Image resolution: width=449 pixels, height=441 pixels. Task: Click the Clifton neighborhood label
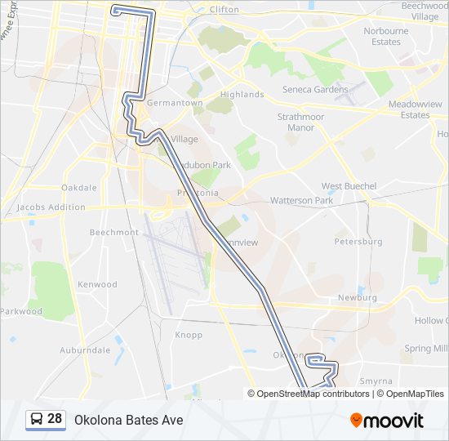coord(224,10)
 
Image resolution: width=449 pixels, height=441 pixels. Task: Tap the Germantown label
coord(175,103)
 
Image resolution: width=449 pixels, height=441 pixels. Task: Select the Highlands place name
coord(242,95)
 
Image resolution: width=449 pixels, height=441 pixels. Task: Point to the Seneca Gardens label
coord(314,90)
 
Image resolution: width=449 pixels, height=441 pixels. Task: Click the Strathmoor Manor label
coord(300,122)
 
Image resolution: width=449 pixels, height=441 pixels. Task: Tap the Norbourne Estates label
coord(386,36)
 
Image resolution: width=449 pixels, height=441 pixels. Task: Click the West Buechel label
coord(349,186)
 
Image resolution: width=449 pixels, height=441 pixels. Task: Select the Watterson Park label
coord(301,200)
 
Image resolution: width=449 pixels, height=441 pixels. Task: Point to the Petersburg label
coord(358,242)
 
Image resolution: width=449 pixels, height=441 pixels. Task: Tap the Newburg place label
coord(358,298)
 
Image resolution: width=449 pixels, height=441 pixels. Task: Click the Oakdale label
coord(79,188)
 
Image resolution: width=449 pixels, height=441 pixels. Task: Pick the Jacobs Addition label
coord(51,207)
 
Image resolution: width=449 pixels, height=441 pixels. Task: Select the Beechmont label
coord(113,233)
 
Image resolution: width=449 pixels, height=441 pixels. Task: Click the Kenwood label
coord(97,285)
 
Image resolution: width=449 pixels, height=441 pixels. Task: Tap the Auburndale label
coord(85,350)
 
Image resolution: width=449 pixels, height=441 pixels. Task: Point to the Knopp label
coord(189,335)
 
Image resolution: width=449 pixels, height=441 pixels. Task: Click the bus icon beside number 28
coord(38,419)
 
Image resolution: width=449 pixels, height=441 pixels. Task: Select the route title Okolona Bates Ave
coord(129,420)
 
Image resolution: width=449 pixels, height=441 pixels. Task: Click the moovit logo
coord(387,420)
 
